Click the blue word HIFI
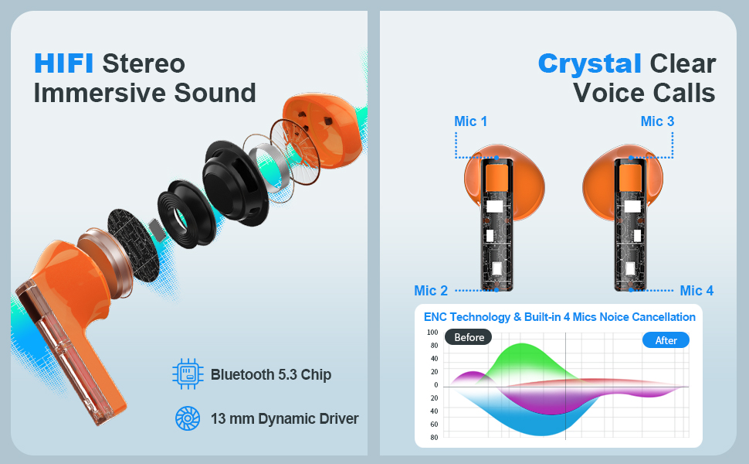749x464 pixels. coord(63,63)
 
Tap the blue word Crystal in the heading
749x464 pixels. coord(589,64)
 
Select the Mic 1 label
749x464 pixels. coord(470,121)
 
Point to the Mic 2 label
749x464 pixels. coord(431,290)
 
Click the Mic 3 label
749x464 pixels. coord(657,121)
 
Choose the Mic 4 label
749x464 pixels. coord(696,290)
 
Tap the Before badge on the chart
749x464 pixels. coord(469,337)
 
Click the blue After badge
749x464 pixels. coord(666,340)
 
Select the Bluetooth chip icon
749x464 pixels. coord(188,374)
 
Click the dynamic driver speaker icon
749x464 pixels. coord(188,418)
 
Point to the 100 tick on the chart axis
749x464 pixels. coord(432,332)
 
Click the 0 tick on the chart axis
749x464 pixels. coord(436,384)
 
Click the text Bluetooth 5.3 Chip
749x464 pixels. coord(271,374)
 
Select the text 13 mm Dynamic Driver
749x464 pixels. coord(285,418)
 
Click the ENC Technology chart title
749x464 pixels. coord(559,317)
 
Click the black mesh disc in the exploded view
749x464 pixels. coord(133,244)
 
